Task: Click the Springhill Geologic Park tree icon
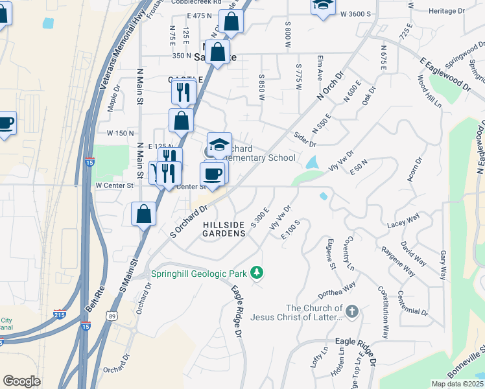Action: pos(257,272)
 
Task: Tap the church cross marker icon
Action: pos(352,312)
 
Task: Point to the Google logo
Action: pos(21,381)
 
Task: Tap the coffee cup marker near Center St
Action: pos(213,172)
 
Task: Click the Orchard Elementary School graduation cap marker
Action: pos(219,144)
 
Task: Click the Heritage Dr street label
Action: pos(447,12)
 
